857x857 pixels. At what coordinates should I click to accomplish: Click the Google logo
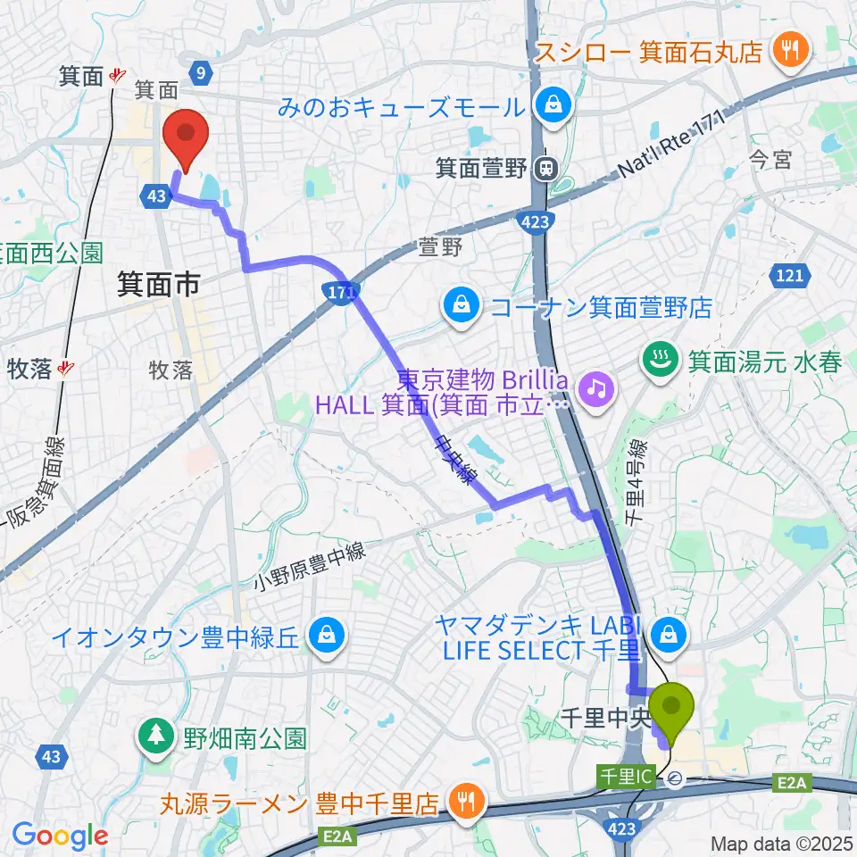60,836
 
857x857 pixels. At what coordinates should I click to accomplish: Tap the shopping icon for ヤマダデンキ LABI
667,636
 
